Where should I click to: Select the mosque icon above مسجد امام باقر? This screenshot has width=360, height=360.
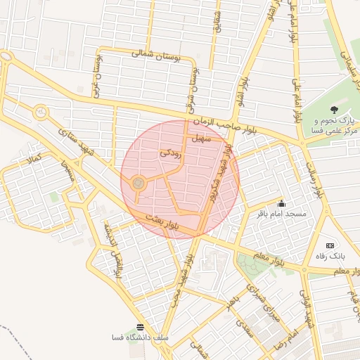(x=281, y=202)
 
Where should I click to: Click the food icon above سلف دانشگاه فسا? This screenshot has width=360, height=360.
(x=140, y=327)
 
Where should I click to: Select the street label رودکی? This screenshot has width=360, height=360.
(x=172, y=152)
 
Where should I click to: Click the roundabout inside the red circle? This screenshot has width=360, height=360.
(x=138, y=184)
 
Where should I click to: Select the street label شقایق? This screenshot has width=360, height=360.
(x=217, y=20)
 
